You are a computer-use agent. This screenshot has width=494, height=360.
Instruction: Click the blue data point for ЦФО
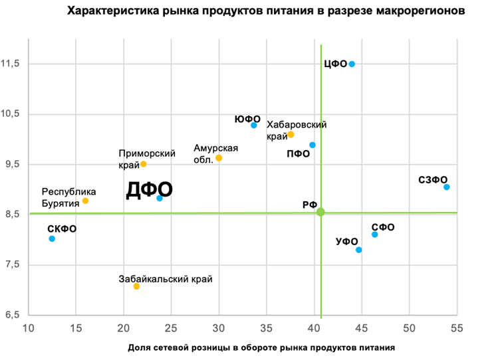pos(352,64)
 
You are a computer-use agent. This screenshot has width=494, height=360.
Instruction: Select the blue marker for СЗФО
pos(447,187)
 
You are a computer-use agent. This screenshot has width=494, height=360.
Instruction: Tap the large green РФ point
pos(320,212)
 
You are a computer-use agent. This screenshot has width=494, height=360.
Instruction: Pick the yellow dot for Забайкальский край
pos(136,286)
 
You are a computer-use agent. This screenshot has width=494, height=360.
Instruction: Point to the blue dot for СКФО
pos(52,238)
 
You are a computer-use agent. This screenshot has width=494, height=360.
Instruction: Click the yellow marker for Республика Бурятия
pos(85,201)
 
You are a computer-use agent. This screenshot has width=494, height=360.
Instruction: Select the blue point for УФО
pos(359,250)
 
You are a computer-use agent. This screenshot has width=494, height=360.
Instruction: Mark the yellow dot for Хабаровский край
pos(291,134)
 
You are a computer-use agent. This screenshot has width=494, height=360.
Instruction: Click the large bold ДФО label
pos(150,190)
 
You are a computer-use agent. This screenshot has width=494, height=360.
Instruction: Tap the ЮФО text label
pos(247,118)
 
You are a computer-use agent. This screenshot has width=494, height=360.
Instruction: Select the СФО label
pos(383,227)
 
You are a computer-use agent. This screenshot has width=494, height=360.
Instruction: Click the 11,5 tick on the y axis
pos(13,64)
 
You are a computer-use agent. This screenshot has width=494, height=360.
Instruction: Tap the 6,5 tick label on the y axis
pos(13,315)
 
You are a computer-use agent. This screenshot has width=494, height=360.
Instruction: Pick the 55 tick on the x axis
pos(457,328)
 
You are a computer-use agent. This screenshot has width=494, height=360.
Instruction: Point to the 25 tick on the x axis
pos(172,328)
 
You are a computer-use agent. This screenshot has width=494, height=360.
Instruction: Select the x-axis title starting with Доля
pos(261,347)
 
